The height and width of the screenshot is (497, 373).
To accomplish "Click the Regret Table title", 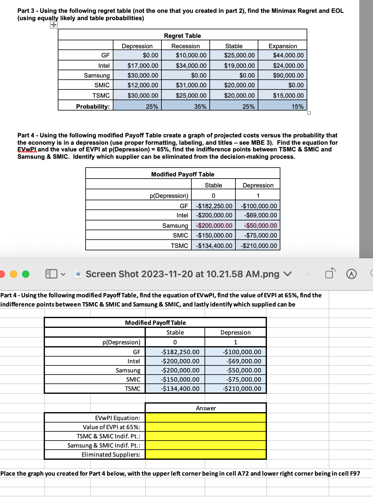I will click(182, 36).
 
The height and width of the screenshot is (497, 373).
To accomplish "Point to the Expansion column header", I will click(283, 46).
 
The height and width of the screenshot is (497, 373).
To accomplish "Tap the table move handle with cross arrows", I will click(54, 25).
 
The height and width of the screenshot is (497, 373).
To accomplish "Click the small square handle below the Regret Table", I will click(309, 113).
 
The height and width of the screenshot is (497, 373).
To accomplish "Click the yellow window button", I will click(14, 274).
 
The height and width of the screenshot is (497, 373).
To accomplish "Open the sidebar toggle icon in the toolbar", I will click(51, 274).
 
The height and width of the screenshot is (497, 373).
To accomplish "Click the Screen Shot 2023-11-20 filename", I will click(182, 274).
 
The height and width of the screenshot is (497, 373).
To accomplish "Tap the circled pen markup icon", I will click(351, 274).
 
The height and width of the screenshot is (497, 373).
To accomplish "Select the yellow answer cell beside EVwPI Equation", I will click(205, 418).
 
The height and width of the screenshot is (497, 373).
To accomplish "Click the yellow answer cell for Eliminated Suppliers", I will click(205, 455).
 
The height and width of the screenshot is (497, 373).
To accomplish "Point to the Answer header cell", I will click(206, 408).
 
